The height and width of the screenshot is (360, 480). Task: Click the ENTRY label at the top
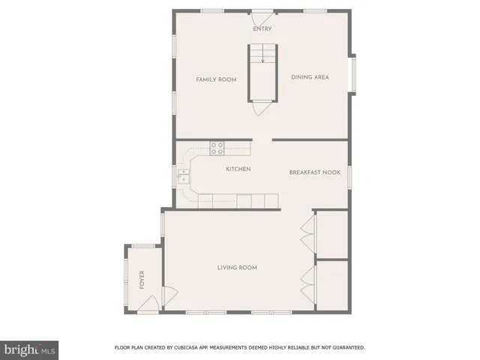coord(262,29)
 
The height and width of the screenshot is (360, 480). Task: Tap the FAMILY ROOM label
coord(216,79)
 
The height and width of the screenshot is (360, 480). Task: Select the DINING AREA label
coord(310,77)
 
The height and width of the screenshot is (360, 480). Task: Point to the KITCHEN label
coord(238,169)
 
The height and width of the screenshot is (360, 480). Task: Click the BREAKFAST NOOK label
coord(315,172)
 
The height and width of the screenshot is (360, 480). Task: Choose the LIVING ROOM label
coord(237,268)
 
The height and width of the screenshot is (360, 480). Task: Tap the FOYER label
coord(141,280)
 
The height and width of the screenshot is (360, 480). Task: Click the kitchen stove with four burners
coord(217,148)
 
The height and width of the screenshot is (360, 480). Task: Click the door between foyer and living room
coord(169,297)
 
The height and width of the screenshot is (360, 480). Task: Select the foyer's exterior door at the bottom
coord(147,304)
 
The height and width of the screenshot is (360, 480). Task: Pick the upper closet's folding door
coord(307,234)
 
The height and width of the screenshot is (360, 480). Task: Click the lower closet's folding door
coord(307,285)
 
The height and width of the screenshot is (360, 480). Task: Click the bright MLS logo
coord(30,349)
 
